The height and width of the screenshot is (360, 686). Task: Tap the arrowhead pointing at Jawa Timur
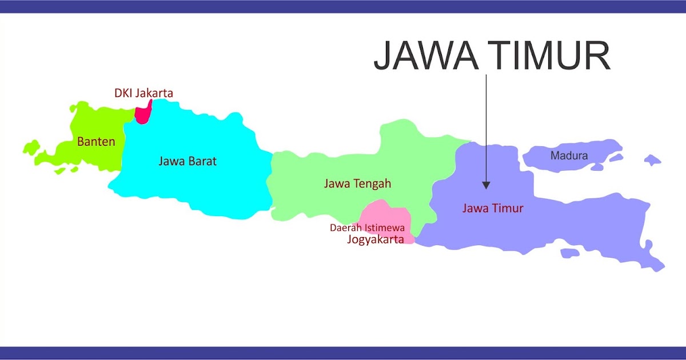pyautogui.click(x=486, y=185)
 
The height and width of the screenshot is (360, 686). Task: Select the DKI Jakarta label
pyautogui.click(x=143, y=93)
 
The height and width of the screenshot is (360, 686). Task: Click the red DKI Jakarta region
pyautogui.click(x=143, y=113)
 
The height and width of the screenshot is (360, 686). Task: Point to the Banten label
pyautogui.click(x=96, y=142)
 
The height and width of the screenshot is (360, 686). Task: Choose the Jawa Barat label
pyautogui.click(x=188, y=161)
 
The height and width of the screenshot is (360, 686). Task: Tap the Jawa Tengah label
pyautogui.click(x=357, y=183)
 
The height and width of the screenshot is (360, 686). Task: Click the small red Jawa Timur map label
pyautogui.click(x=492, y=208)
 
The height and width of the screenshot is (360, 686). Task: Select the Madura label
pyautogui.click(x=569, y=155)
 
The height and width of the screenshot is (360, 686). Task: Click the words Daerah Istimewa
pyautogui.click(x=367, y=228)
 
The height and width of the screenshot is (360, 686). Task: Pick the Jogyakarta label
pyautogui.click(x=375, y=239)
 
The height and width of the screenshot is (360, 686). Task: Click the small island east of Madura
pyautogui.click(x=652, y=159)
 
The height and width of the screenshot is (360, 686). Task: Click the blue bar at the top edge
pyautogui.click(x=343, y=6)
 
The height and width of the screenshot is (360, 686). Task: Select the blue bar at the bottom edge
pyautogui.click(x=343, y=353)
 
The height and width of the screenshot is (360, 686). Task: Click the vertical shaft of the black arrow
pyautogui.click(x=486, y=126)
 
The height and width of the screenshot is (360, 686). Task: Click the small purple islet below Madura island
pyautogui.click(x=596, y=167)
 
